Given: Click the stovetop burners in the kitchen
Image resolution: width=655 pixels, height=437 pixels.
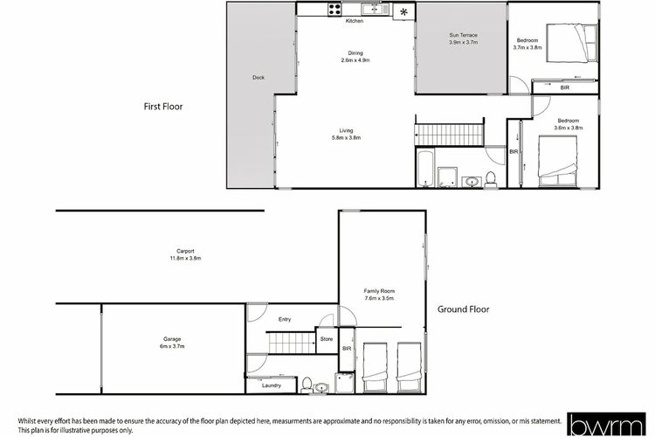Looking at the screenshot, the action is coord(334,10).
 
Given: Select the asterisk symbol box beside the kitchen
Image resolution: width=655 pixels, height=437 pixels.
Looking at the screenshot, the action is coord(404,11).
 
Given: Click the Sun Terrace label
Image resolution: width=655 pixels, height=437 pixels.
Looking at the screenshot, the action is coord(463,35).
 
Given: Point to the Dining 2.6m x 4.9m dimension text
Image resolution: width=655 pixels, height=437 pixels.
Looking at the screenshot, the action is coord(355,60).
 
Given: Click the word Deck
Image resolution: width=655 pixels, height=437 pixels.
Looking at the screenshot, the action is coord(259,78).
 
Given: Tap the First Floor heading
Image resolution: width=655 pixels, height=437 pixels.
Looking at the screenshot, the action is coord(163,107).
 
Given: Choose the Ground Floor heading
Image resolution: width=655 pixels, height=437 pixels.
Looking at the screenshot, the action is coord(463,309).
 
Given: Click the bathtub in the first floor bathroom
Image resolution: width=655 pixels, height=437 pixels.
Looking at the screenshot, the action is coord(425,169).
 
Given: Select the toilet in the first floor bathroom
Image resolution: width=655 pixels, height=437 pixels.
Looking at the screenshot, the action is coord(491,179).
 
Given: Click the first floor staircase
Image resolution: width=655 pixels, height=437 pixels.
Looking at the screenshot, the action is coord(450,135).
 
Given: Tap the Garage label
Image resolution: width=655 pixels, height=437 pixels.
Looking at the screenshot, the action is coord(172,339).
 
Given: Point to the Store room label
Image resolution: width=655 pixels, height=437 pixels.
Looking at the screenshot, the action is coord(327,339).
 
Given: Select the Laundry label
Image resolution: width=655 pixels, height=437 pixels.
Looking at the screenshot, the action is coord(272,385).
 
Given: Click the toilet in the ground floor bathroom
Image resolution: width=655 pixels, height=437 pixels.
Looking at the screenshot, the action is coord(307,385).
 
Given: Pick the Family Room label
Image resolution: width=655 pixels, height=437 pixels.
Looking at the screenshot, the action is coord(379,291).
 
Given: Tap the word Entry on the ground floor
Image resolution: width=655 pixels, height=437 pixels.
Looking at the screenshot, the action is coord(285,320).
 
